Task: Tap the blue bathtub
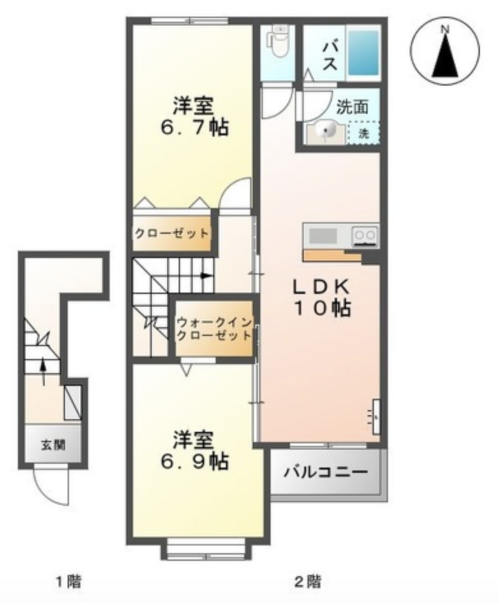[363, 52]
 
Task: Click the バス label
[329, 56]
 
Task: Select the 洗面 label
[352, 107]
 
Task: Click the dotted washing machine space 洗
[363, 133]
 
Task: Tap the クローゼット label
[172, 233]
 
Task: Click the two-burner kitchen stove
[365, 234]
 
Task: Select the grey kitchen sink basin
[323, 236]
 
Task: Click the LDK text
[321, 287]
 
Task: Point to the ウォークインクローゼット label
[214, 328]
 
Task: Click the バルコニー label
[325, 472]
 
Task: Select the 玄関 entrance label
[54, 445]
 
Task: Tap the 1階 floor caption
[69, 581]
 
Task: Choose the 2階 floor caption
[308, 581]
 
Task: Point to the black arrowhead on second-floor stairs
[207, 275]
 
